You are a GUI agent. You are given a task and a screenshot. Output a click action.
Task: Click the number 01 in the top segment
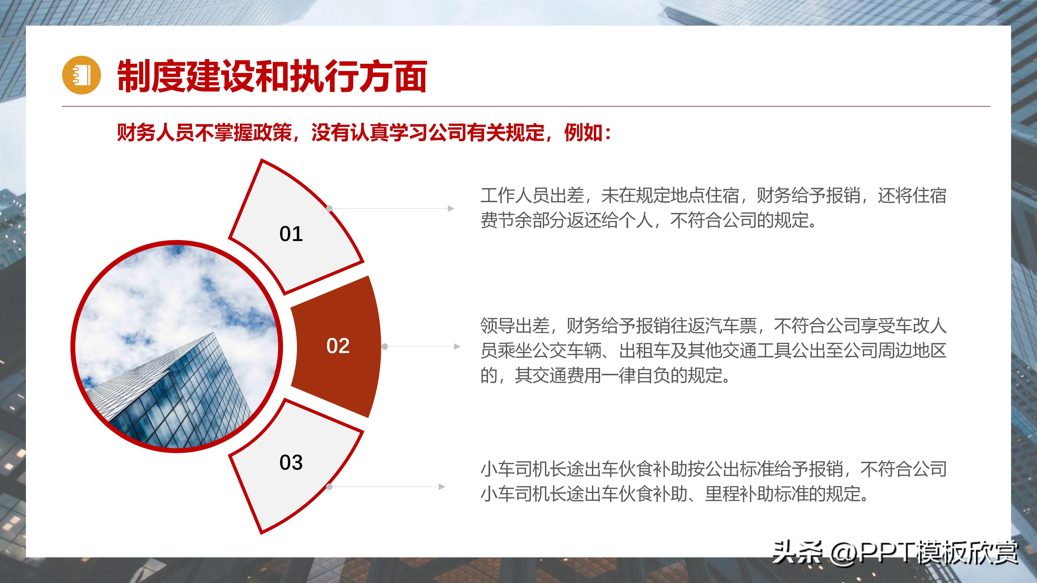click(291, 234)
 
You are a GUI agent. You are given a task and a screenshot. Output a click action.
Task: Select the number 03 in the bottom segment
click(291, 462)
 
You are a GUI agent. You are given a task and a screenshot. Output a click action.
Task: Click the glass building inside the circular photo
click(181, 398)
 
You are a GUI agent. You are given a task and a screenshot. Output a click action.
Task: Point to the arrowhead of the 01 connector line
click(451, 208)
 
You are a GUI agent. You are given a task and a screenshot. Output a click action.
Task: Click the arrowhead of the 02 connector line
click(457, 346)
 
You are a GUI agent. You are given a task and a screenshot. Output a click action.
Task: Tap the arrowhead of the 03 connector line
click(442, 487)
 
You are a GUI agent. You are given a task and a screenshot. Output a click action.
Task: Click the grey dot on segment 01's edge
click(329, 208)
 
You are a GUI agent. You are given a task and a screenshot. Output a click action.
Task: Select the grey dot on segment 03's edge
click(329, 487)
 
